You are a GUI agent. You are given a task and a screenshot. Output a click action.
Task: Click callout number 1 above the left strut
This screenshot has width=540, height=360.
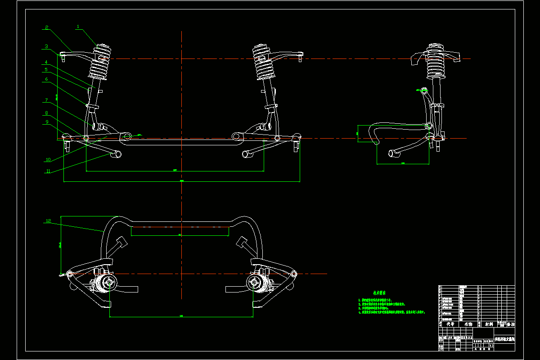78,27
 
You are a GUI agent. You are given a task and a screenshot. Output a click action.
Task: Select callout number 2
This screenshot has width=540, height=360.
46,27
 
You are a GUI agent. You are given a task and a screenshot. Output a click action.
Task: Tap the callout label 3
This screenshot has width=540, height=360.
46,46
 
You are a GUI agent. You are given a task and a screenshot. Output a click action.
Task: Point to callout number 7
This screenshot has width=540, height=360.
46,100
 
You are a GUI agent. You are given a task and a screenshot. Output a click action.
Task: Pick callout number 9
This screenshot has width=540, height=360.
46,121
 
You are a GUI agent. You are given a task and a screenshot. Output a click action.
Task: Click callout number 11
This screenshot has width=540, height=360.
48,171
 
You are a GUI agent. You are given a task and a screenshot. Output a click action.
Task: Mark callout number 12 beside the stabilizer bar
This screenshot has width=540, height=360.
49,221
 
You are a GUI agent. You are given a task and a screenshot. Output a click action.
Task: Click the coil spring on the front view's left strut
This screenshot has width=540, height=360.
100,67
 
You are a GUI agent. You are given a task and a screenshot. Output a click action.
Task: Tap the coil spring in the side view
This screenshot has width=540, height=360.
435,67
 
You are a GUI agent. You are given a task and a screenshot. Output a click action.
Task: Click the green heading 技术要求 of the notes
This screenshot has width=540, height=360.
374,292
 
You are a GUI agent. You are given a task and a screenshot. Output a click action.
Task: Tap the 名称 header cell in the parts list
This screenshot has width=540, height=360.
468,324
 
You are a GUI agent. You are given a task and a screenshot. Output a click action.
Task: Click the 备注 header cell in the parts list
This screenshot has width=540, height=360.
510,324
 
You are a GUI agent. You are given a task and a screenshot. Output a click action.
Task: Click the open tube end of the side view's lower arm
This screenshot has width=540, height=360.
392,154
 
